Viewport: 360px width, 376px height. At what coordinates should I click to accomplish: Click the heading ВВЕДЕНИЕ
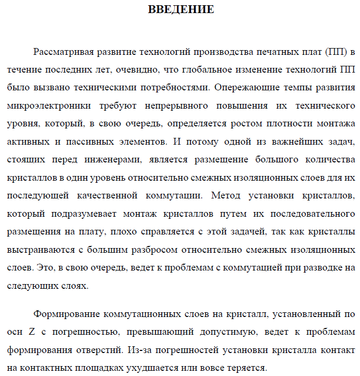click(x=181, y=10)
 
